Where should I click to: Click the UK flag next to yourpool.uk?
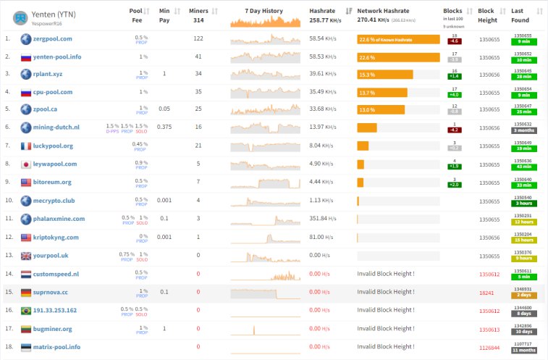(26, 256)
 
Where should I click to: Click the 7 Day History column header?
(264, 12)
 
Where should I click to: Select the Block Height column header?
(486, 15)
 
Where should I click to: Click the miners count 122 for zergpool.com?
(198, 38)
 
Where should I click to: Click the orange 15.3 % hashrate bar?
(384, 75)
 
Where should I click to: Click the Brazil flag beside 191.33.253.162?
(26, 310)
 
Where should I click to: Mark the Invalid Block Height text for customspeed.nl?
(385, 274)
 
